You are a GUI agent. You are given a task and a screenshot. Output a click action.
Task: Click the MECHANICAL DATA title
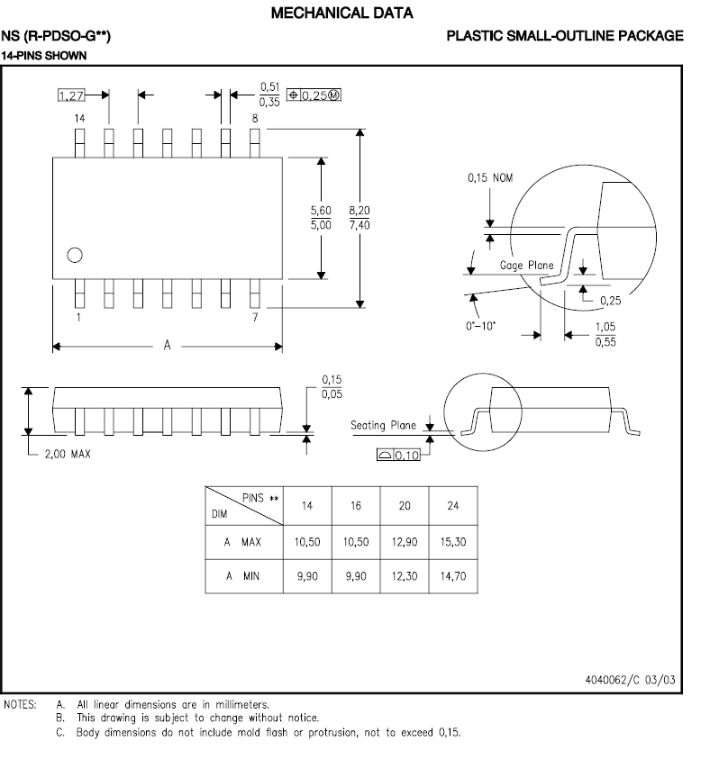(x=341, y=14)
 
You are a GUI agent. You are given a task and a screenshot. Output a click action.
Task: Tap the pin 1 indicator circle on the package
(x=76, y=254)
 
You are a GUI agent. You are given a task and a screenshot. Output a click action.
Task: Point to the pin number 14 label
(x=79, y=119)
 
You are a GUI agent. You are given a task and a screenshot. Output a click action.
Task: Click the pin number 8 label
(x=255, y=119)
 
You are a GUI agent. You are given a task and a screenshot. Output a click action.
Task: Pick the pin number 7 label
(x=255, y=319)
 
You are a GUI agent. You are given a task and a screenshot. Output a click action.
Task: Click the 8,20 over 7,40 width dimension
(x=359, y=217)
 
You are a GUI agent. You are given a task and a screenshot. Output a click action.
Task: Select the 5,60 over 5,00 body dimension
(x=320, y=217)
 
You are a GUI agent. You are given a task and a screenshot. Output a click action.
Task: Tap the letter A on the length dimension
(x=167, y=346)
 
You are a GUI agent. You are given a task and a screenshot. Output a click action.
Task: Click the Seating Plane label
(x=383, y=425)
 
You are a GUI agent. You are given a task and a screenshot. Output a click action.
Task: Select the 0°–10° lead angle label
(x=482, y=325)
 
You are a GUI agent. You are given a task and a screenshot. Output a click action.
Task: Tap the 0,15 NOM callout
(x=490, y=177)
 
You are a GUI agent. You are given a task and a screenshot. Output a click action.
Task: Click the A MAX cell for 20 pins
(x=405, y=543)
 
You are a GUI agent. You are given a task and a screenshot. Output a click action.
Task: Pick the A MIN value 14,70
(x=453, y=576)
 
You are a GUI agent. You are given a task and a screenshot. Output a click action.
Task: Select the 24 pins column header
(x=453, y=506)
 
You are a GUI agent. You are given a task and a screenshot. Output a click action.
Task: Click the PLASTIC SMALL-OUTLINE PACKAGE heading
(x=565, y=36)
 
